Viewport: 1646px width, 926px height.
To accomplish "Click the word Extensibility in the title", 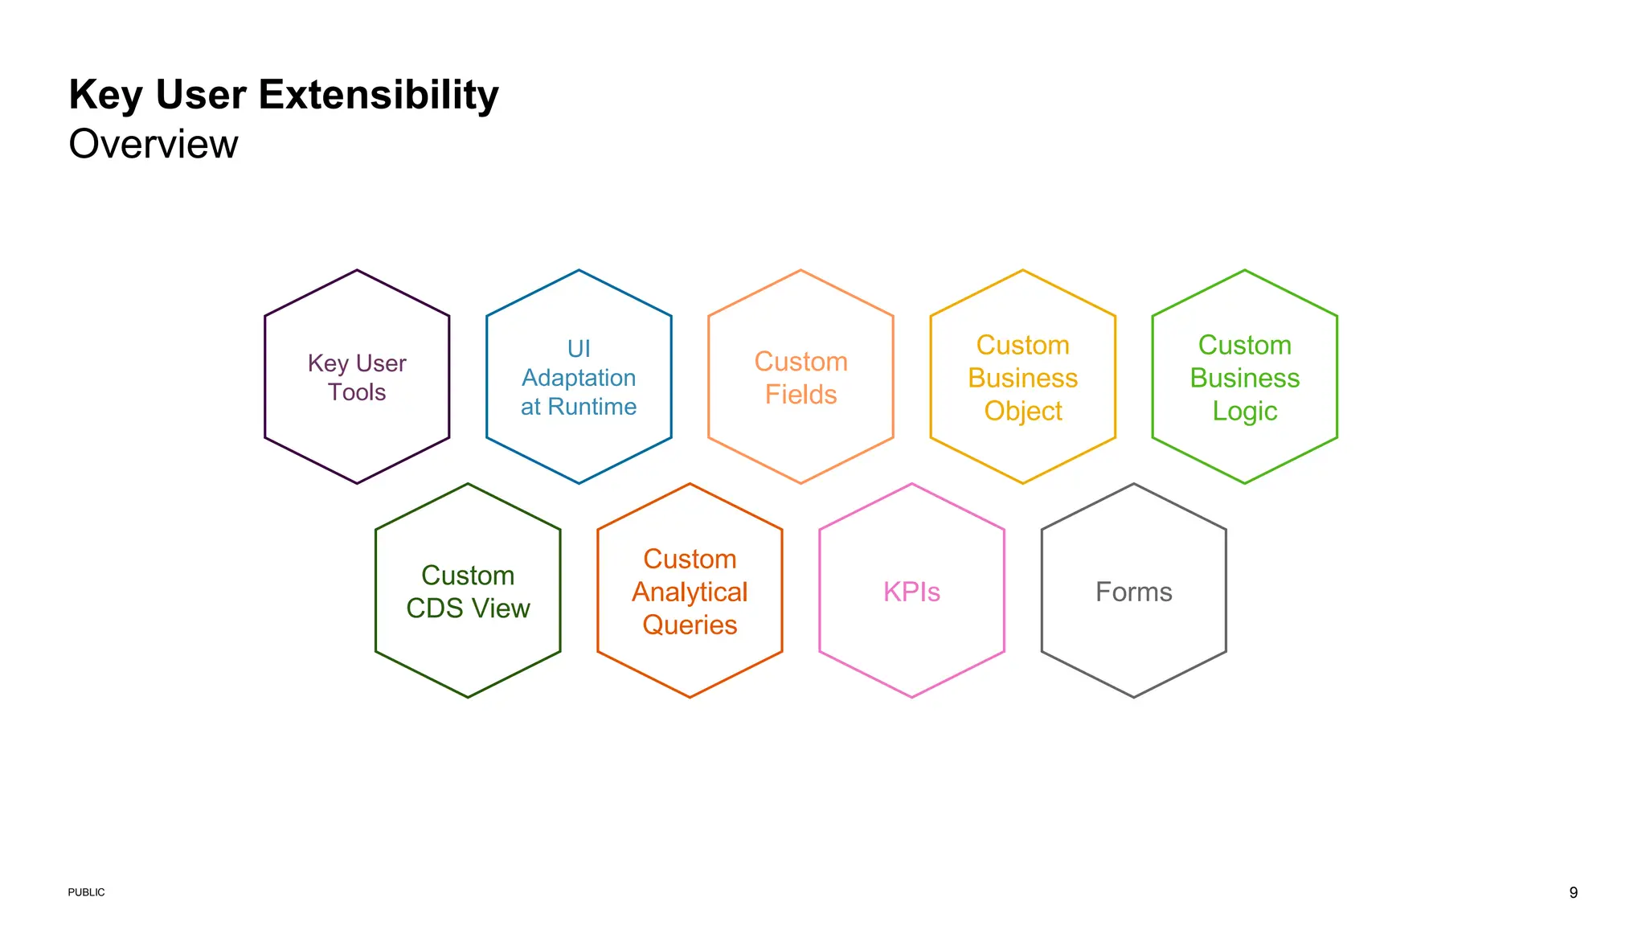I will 378,96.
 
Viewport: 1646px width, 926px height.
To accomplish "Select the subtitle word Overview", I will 154,145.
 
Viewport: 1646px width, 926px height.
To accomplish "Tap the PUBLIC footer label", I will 86,892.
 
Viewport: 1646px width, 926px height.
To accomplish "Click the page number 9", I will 1573,892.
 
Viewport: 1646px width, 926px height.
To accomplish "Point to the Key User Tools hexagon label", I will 357,378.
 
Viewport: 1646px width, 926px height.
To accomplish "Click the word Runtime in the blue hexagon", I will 592,407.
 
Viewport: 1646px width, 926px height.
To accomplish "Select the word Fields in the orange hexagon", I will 800,395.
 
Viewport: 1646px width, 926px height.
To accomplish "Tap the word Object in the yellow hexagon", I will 1022,411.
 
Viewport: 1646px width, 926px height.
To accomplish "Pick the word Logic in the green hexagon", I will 1244,411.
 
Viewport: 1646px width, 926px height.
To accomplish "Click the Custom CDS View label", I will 468,592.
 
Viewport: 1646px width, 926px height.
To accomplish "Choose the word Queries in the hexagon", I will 690,625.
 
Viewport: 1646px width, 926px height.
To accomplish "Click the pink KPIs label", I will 911,592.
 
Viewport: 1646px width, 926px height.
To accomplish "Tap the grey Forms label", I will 1133,592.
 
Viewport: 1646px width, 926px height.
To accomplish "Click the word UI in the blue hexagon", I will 579,349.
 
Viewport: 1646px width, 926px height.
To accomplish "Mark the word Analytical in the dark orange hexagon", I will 690,592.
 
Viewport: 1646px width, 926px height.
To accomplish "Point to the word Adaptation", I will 579,378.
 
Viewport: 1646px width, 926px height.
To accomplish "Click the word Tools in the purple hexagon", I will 357,392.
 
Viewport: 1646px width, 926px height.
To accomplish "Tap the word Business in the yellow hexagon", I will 1022,378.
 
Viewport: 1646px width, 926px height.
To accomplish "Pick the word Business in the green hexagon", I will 1244,378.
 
